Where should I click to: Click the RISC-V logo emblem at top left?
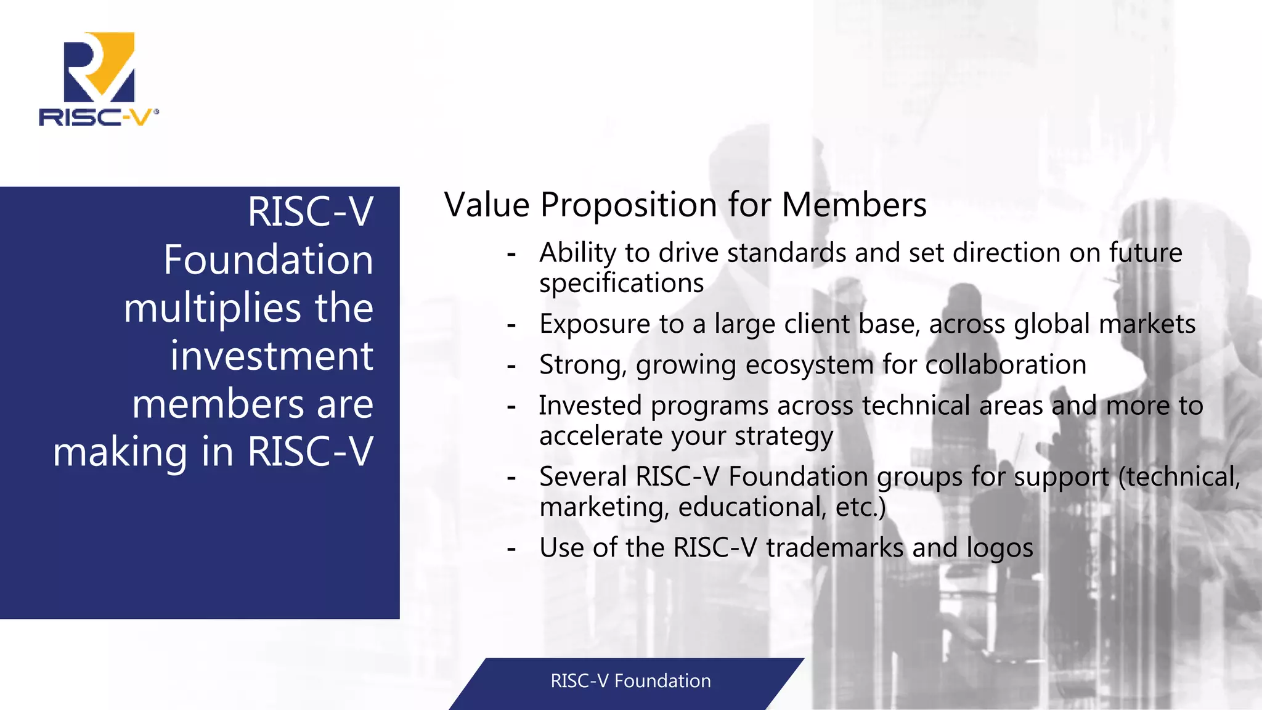[x=99, y=67]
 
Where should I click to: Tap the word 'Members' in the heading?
[x=854, y=205]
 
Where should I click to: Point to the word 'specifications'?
[x=621, y=284]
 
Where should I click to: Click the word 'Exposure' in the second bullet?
[x=595, y=324]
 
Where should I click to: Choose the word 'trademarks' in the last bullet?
[x=834, y=548]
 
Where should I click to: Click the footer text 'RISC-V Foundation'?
[x=630, y=681]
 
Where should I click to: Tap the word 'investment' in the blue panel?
[x=272, y=356]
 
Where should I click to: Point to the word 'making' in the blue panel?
[x=120, y=452]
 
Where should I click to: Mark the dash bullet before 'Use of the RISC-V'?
[x=511, y=548]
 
